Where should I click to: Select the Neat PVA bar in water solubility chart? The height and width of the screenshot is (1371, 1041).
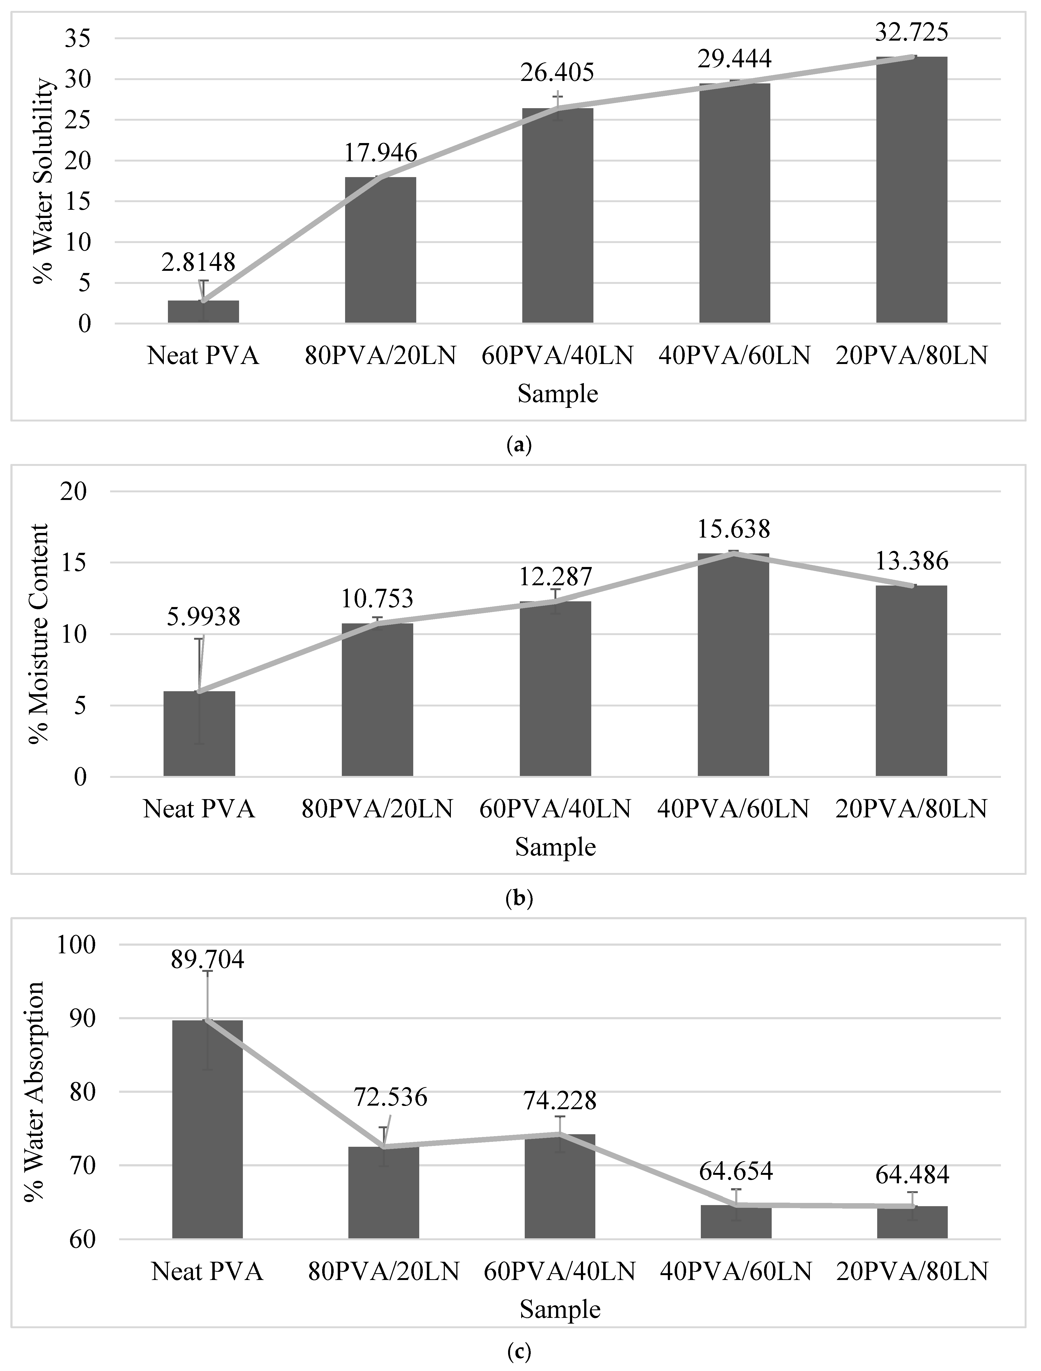pyautogui.click(x=203, y=312)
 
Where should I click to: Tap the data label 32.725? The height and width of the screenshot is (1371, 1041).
pyautogui.click(x=912, y=32)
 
